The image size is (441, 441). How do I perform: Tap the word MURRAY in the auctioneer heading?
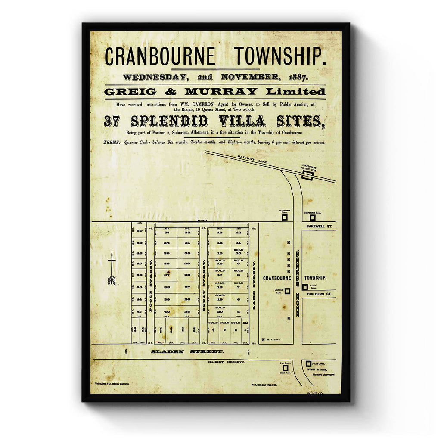(x=220, y=92)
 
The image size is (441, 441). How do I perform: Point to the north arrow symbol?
(x=112, y=269)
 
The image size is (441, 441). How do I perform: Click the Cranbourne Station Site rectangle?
(x=307, y=175)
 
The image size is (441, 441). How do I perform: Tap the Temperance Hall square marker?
(x=312, y=217)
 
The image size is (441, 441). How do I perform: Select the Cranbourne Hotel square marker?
(x=285, y=217)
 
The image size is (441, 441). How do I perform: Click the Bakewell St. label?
(x=321, y=226)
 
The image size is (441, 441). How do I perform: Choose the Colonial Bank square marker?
(x=287, y=291)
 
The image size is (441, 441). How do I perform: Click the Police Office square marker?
(x=308, y=364)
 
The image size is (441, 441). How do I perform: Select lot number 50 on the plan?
(x=139, y=231)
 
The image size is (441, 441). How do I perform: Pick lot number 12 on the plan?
(x=238, y=233)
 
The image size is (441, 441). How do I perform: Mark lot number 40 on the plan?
(x=166, y=311)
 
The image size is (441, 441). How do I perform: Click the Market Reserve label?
(x=225, y=362)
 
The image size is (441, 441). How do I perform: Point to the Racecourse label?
(x=264, y=385)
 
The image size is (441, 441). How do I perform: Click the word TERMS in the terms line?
(x=112, y=142)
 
